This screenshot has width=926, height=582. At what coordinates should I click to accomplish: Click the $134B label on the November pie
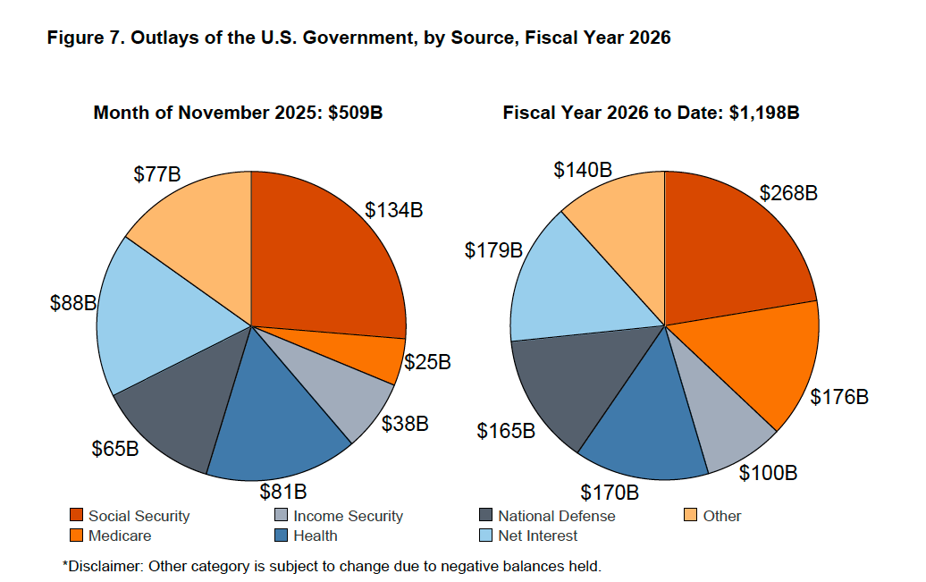[393, 211]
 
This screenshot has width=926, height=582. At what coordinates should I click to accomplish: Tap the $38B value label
[405, 423]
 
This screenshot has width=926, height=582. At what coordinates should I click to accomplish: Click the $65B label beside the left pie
[115, 448]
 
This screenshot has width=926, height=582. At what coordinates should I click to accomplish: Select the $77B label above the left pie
[157, 174]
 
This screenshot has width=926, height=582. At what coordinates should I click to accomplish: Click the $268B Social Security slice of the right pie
[733, 250]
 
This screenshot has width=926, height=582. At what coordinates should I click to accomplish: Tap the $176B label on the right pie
[838, 397]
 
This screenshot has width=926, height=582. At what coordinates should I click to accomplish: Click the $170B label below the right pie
[610, 493]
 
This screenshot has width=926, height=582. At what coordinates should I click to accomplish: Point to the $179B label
[493, 251]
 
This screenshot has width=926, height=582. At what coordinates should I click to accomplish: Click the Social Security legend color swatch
[77, 516]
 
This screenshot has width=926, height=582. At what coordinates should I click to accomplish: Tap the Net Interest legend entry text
[537, 536]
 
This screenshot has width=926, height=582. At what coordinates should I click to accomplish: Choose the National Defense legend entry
[556, 516]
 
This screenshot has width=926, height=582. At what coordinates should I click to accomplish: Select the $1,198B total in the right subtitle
[763, 114]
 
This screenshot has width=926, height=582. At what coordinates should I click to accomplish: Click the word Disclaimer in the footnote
[103, 565]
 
